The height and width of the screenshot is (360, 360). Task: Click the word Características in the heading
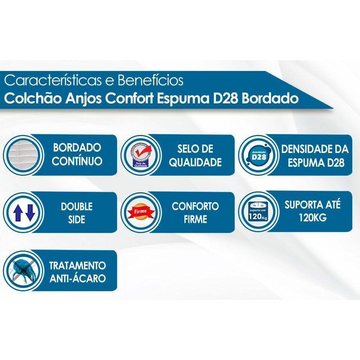point(51,80)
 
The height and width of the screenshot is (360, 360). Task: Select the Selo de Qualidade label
point(195,155)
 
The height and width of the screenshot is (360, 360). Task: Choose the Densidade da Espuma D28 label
point(315,155)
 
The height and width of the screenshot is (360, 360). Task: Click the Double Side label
point(76,212)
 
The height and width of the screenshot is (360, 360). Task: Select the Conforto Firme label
point(195,212)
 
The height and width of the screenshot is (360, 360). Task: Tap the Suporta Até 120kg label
point(312,211)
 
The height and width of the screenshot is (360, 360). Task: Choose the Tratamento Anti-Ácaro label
point(77,272)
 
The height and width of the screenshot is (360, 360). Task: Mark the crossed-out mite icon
point(23,271)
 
